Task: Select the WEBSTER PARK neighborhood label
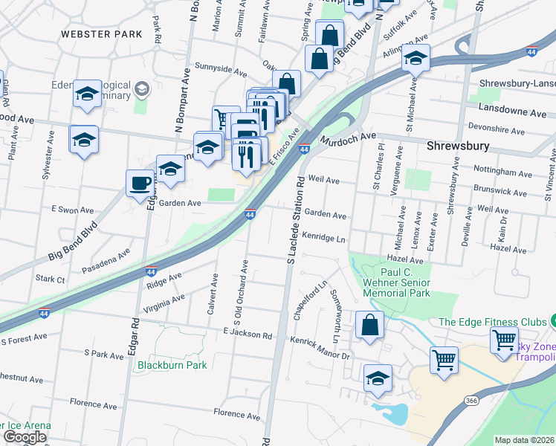(101, 34)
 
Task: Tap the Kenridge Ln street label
(323, 237)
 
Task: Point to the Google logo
(26, 436)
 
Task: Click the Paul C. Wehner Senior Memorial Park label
(397, 282)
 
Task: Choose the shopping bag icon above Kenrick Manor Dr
(369, 325)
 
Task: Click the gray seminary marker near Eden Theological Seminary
(140, 91)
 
